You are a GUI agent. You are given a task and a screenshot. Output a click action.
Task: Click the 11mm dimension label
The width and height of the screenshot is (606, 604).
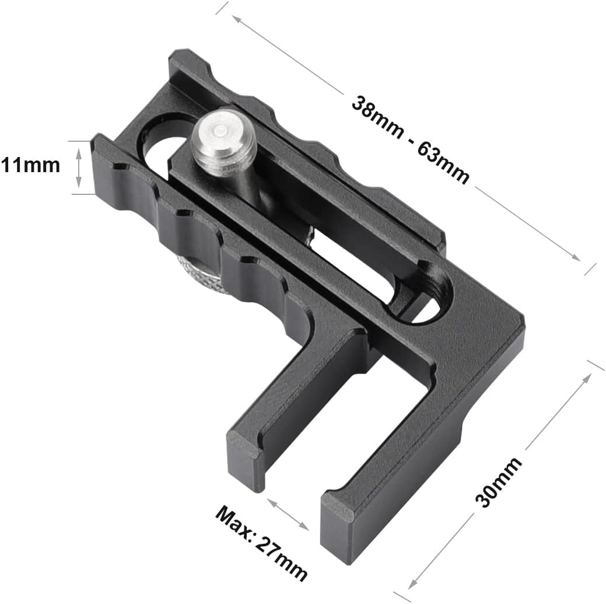point(30,165)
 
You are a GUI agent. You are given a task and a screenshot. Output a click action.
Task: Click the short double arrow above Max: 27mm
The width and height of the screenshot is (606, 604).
point(288,514)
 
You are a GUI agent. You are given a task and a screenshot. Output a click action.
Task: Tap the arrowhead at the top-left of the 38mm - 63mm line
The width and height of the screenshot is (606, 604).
point(236,18)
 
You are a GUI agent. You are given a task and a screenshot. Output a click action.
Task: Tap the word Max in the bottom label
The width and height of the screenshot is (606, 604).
point(234,521)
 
